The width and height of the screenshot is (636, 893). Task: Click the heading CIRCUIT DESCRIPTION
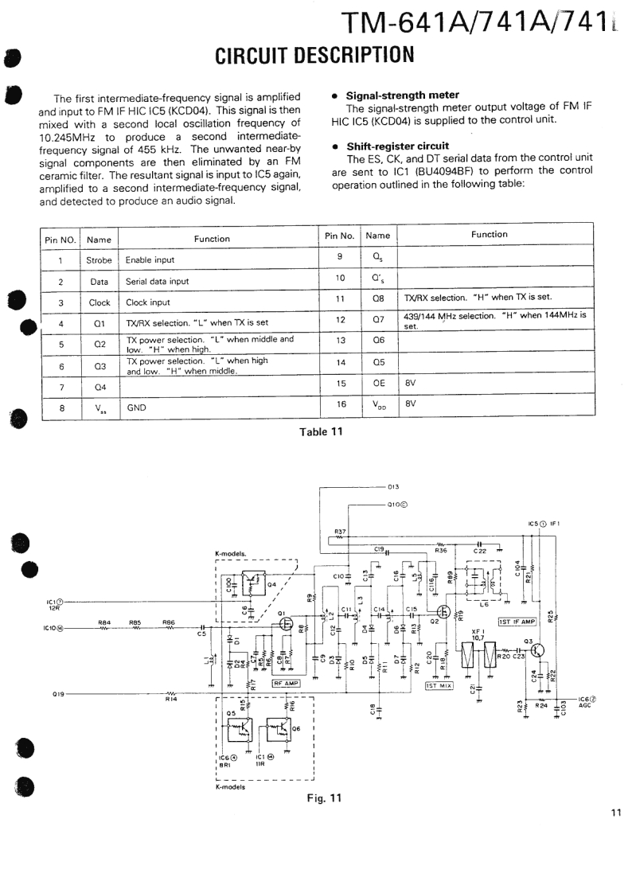pos(315,55)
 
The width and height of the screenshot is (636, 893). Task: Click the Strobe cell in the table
pos(99,259)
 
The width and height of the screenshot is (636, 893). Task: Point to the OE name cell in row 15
pos(378,383)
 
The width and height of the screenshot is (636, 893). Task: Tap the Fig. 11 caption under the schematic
pos(324,799)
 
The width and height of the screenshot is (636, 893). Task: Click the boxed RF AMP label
pos(286,683)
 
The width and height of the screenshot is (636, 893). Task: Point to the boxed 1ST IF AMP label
pos(517,621)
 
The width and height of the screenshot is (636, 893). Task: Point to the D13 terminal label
pos(392,486)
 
